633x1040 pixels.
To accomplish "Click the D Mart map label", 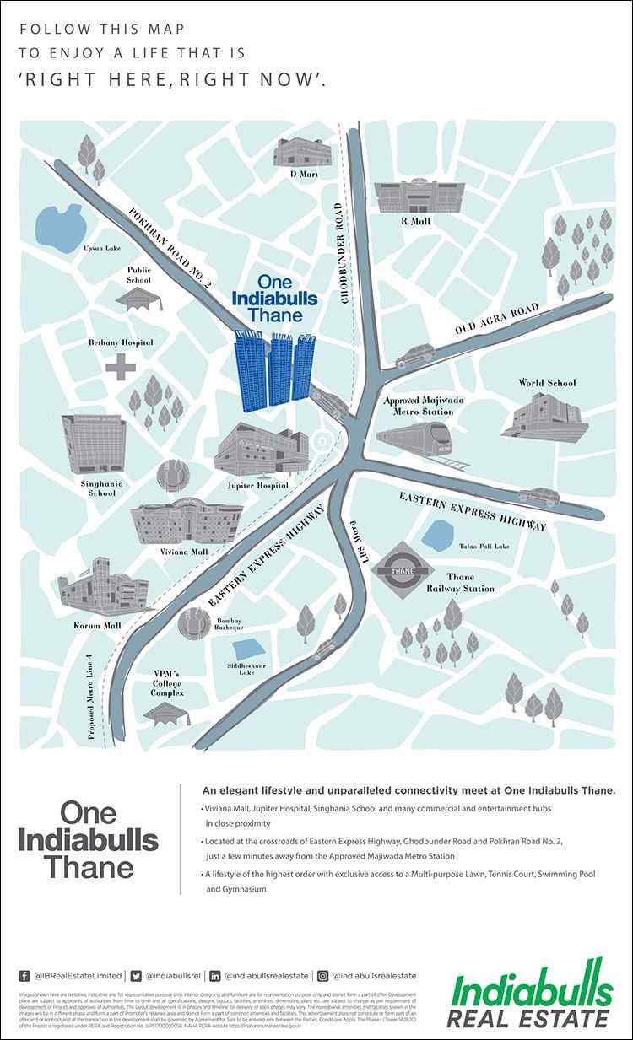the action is pos(303,175).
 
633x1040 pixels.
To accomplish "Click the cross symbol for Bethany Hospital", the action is pos(121,368).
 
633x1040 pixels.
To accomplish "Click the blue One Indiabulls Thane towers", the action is pos(274,371).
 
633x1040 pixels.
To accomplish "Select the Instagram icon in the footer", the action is pos(322,976).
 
